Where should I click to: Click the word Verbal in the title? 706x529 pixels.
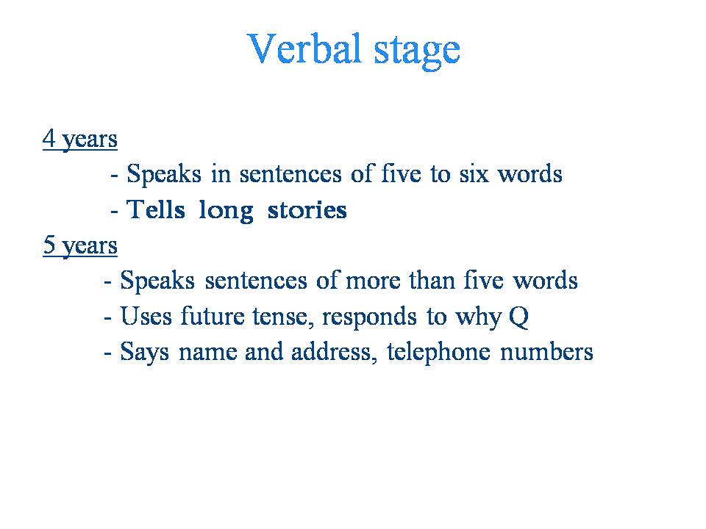(x=304, y=48)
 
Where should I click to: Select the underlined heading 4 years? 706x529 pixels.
(x=80, y=139)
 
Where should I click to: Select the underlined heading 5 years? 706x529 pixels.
(x=80, y=245)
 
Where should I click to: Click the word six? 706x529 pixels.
(x=474, y=174)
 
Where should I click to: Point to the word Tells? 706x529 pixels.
(x=155, y=209)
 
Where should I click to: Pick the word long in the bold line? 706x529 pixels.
(x=226, y=212)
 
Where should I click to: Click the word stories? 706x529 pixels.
(x=307, y=210)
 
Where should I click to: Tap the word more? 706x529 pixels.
(x=373, y=281)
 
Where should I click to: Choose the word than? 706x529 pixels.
(x=432, y=280)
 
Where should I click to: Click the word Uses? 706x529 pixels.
(x=146, y=316)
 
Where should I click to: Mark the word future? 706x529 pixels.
(x=213, y=315)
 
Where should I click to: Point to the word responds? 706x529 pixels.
(x=369, y=317)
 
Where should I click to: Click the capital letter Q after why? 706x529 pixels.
(x=518, y=317)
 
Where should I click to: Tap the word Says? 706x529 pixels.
(x=145, y=353)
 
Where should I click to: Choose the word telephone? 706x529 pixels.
(x=438, y=353)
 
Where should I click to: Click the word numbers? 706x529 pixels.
(x=546, y=352)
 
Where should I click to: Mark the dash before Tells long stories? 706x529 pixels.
(x=115, y=211)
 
